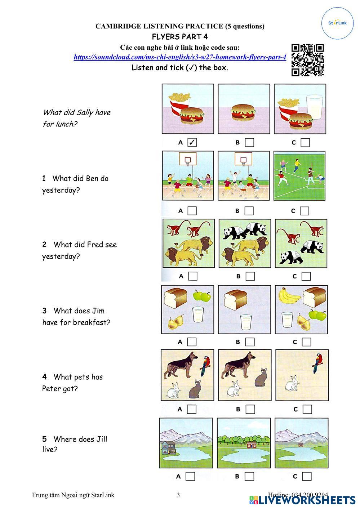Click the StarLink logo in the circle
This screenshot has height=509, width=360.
tap(337, 23)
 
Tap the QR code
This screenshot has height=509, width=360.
tap(308, 60)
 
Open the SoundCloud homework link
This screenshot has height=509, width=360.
tap(180, 57)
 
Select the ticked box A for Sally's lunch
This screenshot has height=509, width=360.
tap(192, 143)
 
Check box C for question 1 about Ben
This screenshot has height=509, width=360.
tap(305, 211)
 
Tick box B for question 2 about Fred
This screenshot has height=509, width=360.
tap(250, 276)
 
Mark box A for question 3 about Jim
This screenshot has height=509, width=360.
tap(192, 342)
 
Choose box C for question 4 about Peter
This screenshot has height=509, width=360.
tap(307, 409)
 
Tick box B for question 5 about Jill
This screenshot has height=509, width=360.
tap(249, 476)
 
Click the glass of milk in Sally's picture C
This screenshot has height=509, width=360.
tap(314, 107)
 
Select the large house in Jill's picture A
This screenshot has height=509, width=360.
tap(169, 448)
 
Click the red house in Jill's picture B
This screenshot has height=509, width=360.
tap(251, 445)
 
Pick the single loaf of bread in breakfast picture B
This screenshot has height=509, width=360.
tap(235, 300)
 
